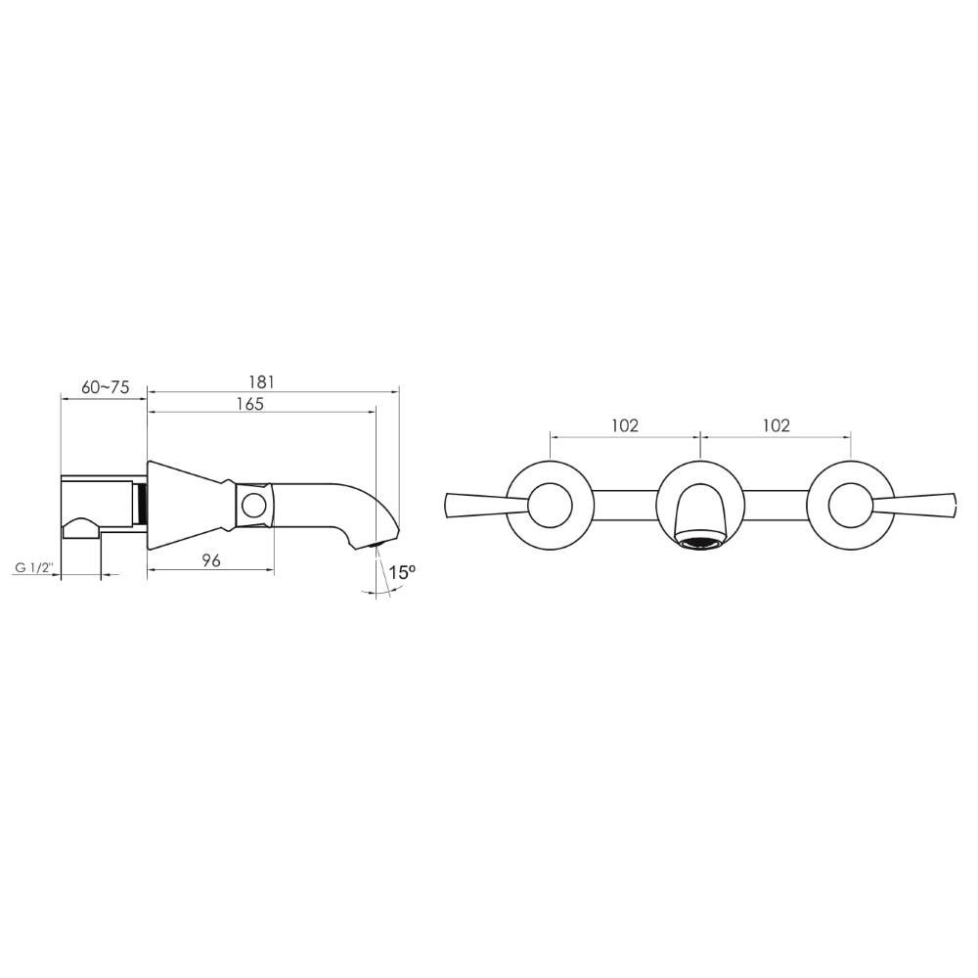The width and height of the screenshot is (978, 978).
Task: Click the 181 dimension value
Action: [261, 381]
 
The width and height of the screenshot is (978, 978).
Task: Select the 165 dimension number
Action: [249, 404]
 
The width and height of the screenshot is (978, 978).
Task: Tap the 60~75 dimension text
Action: [106, 387]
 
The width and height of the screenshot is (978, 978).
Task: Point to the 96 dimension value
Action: [211, 560]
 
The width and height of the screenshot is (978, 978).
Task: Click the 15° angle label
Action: [402, 572]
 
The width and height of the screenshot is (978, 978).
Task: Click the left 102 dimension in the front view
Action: [625, 425]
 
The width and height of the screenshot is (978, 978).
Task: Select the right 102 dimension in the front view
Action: [776, 425]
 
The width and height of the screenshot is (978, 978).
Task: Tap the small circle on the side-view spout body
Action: [254, 506]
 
